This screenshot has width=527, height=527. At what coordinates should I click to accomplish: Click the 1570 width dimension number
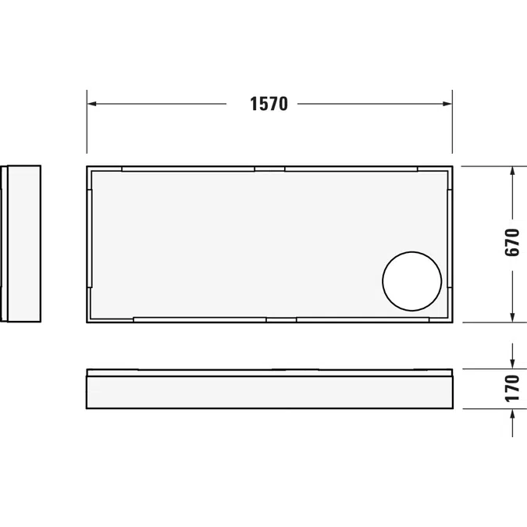(269, 104)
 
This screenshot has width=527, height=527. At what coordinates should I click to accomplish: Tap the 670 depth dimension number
(512, 242)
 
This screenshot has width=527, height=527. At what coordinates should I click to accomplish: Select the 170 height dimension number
(512, 389)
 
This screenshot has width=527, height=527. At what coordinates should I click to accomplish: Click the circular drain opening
(411, 281)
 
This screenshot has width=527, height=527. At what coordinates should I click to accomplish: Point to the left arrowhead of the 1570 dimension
(92, 104)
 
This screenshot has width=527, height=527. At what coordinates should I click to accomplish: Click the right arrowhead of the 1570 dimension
(447, 104)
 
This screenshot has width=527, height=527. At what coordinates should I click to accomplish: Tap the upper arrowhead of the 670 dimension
(512, 171)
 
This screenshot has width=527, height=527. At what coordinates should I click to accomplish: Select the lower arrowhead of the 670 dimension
(512, 318)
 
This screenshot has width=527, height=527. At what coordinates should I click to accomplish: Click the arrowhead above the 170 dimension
(512, 364)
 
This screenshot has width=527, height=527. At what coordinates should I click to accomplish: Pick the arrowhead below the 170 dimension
(512, 414)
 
